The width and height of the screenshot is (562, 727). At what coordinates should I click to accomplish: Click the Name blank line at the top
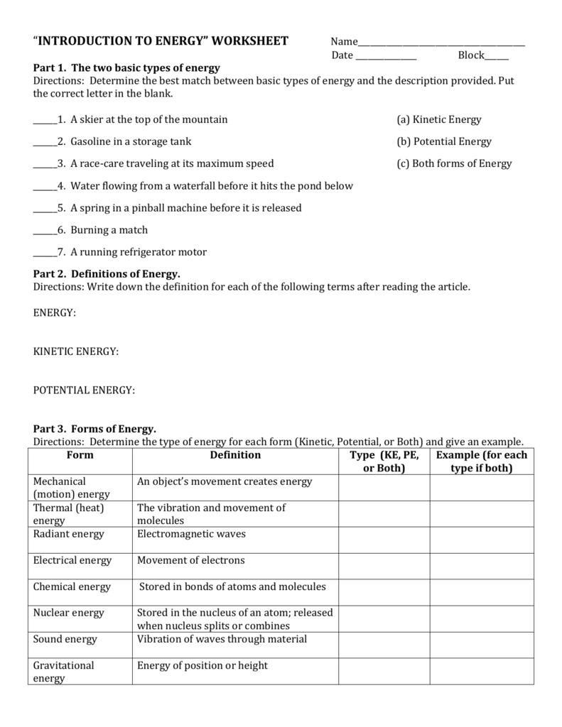tap(441, 44)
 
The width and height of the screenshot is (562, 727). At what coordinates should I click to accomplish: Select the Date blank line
tap(385, 58)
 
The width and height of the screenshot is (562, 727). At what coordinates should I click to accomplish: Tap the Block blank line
tap(497, 58)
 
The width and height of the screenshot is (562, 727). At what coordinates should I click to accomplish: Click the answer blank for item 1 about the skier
tap(45, 122)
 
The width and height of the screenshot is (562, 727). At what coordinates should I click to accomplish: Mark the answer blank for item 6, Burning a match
tap(45, 233)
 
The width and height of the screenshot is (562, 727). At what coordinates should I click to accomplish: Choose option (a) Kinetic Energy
tap(438, 119)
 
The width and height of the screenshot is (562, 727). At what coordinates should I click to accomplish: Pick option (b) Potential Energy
tap(443, 141)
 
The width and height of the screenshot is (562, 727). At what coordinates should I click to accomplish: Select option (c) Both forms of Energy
tap(454, 163)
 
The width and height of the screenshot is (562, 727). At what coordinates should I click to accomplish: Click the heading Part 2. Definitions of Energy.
tap(107, 273)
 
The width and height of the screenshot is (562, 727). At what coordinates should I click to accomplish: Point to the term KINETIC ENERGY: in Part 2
tap(76, 351)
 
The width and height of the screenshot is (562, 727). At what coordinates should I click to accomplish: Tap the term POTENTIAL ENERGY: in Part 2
tap(84, 390)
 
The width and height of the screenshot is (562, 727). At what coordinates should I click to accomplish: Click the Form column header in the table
tap(80, 455)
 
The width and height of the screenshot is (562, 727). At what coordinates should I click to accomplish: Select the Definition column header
tap(235, 455)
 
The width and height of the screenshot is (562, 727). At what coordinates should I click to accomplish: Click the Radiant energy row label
tap(68, 534)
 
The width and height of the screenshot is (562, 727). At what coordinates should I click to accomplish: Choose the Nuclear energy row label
tap(68, 613)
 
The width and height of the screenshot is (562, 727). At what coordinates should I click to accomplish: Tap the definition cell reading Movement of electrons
tap(190, 560)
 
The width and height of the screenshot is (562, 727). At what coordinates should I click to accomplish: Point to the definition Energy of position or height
tap(202, 665)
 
